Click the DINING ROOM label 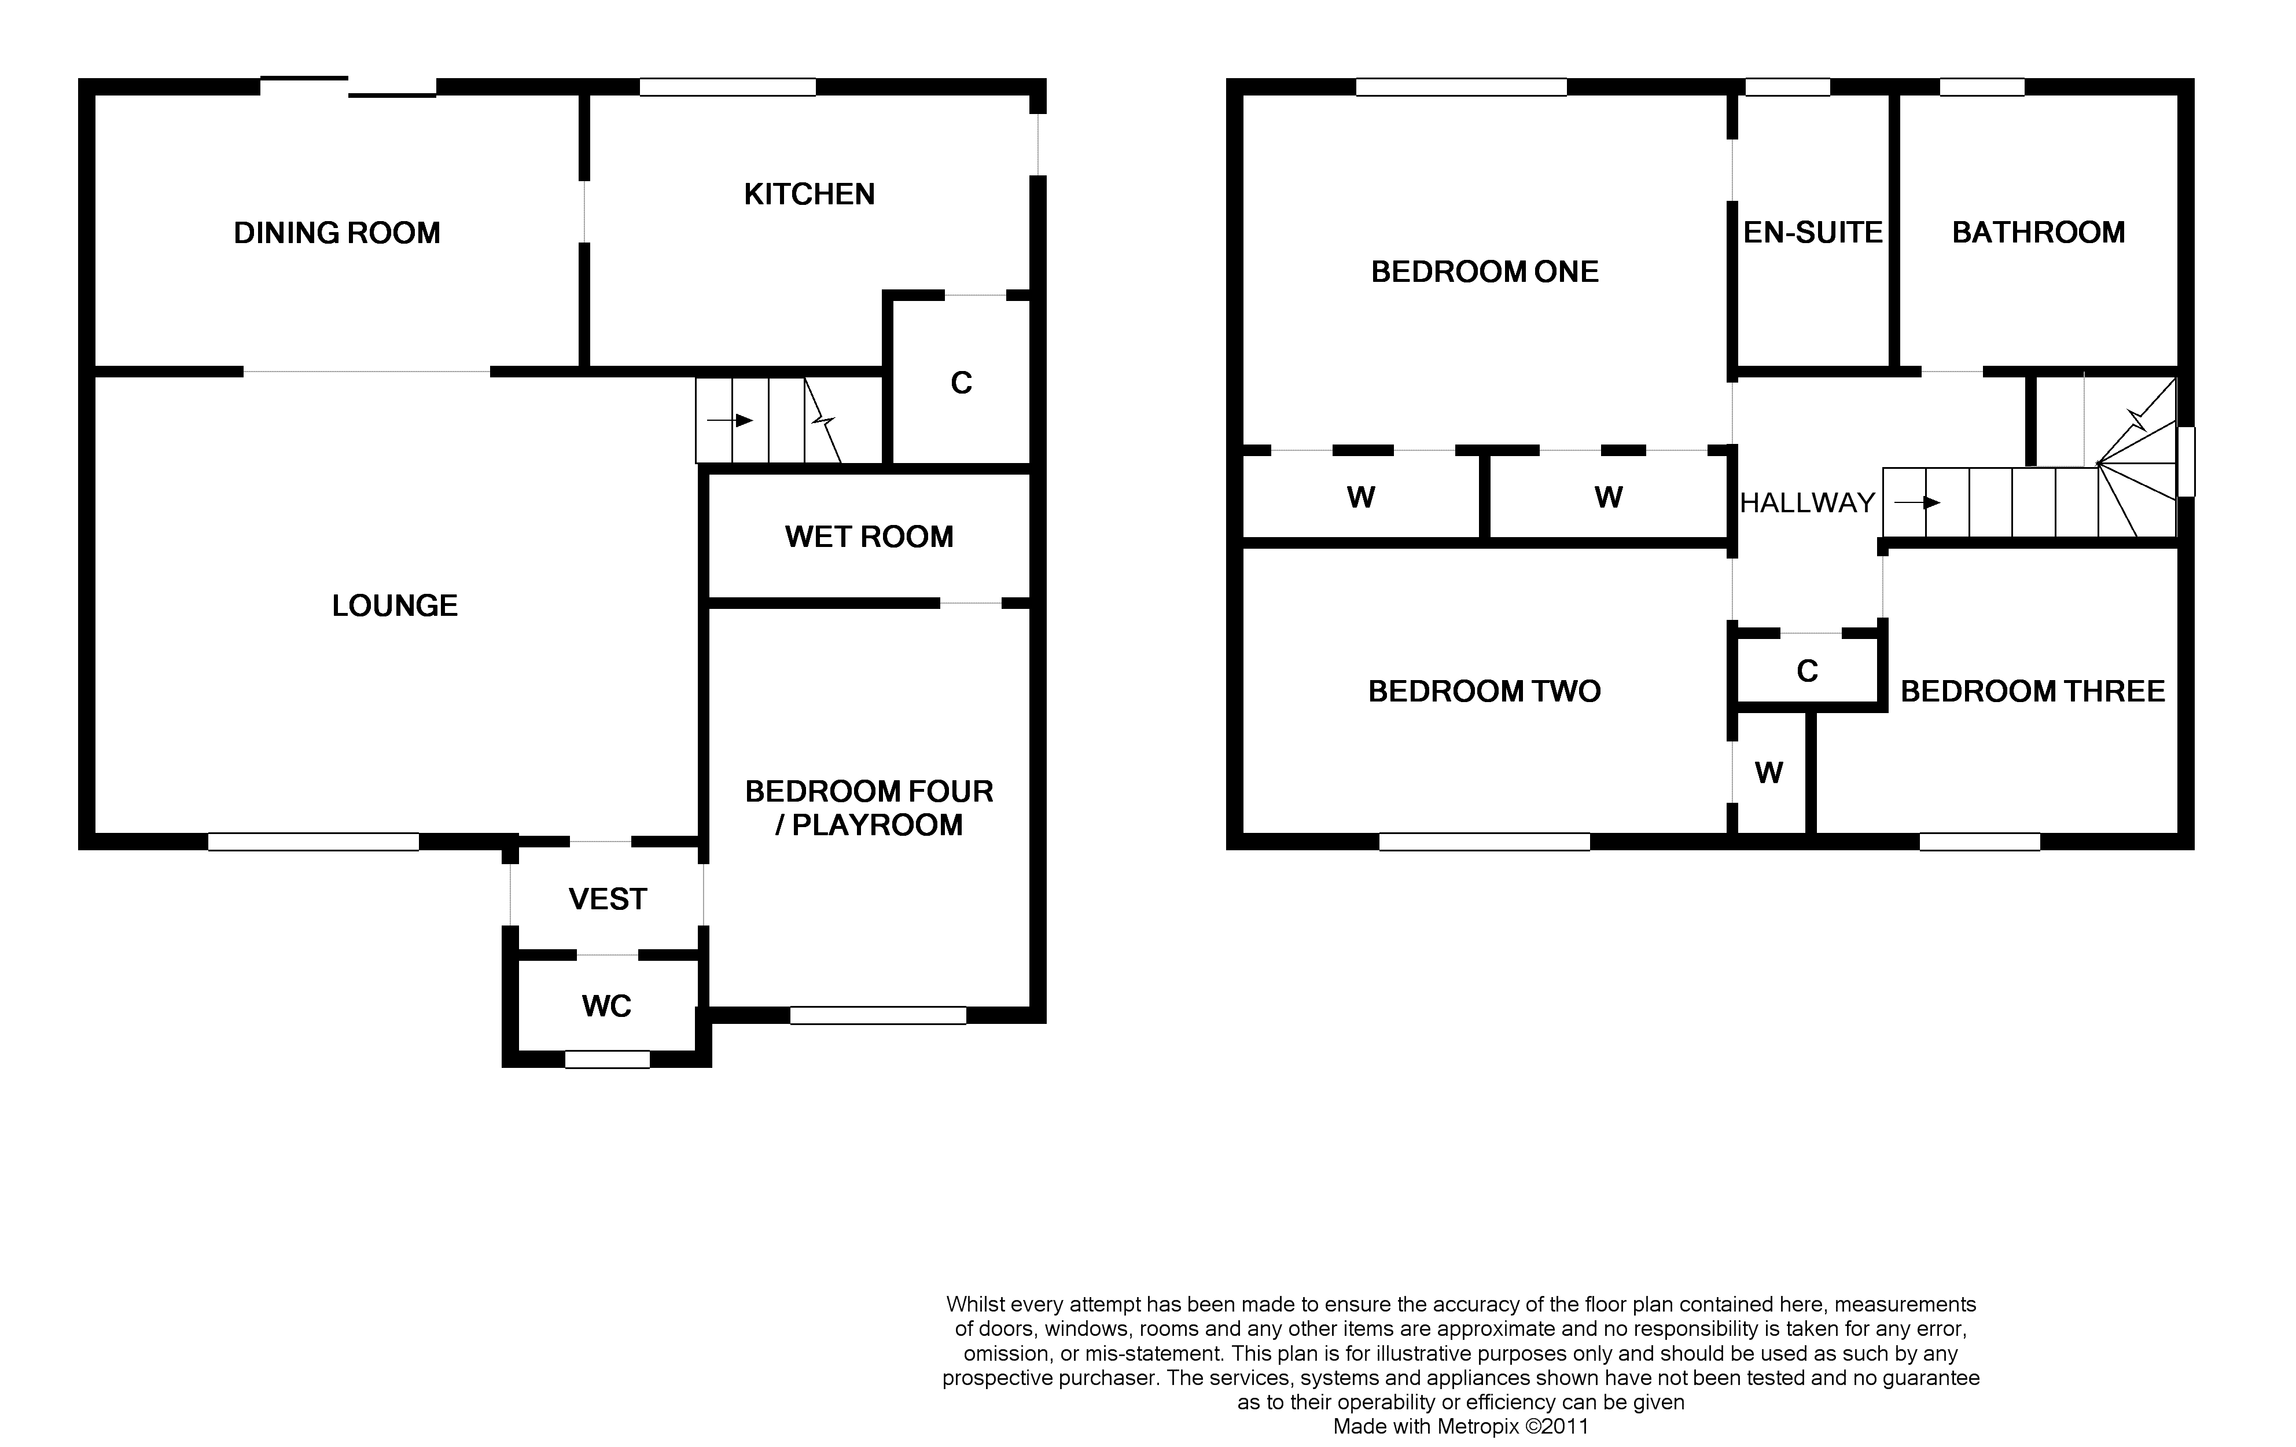point(337,233)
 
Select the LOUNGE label point(395,605)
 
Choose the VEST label point(608,898)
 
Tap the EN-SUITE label point(1813,233)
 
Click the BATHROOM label point(2039,233)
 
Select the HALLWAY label point(1808,502)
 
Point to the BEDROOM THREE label point(2033,692)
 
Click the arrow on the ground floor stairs point(730,421)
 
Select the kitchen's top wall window point(727,87)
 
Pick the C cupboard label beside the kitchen point(961,383)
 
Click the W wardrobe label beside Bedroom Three point(1769,773)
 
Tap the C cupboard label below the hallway point(1807,671)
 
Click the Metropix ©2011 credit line point(1460,1427)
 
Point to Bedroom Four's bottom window point(878,1016)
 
